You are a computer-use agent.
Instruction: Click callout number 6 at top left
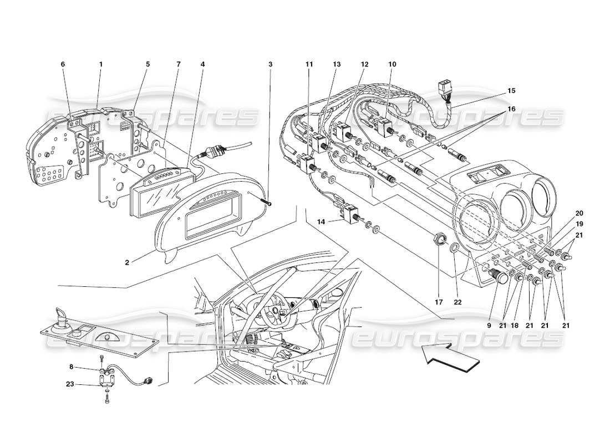point(63,64)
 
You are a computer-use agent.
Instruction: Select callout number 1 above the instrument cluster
point(101,64)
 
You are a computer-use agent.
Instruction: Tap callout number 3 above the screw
point(271,64)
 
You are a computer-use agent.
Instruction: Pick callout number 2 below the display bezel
point(127,262)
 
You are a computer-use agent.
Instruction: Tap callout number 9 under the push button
point(489,326)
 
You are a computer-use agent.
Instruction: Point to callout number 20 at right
point(564,213)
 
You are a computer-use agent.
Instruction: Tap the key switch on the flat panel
point(61,321)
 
